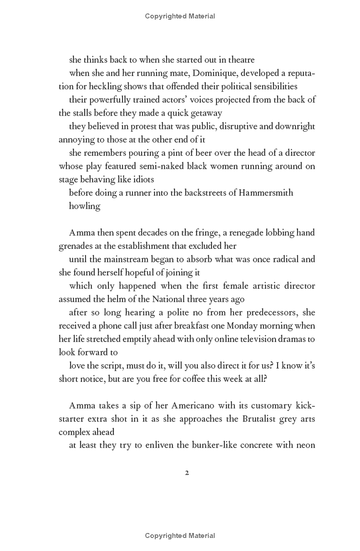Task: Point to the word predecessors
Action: [x=274, y=313]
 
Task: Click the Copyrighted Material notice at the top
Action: [x=180, y=16]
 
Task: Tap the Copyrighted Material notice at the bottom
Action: [x=180, y=536]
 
